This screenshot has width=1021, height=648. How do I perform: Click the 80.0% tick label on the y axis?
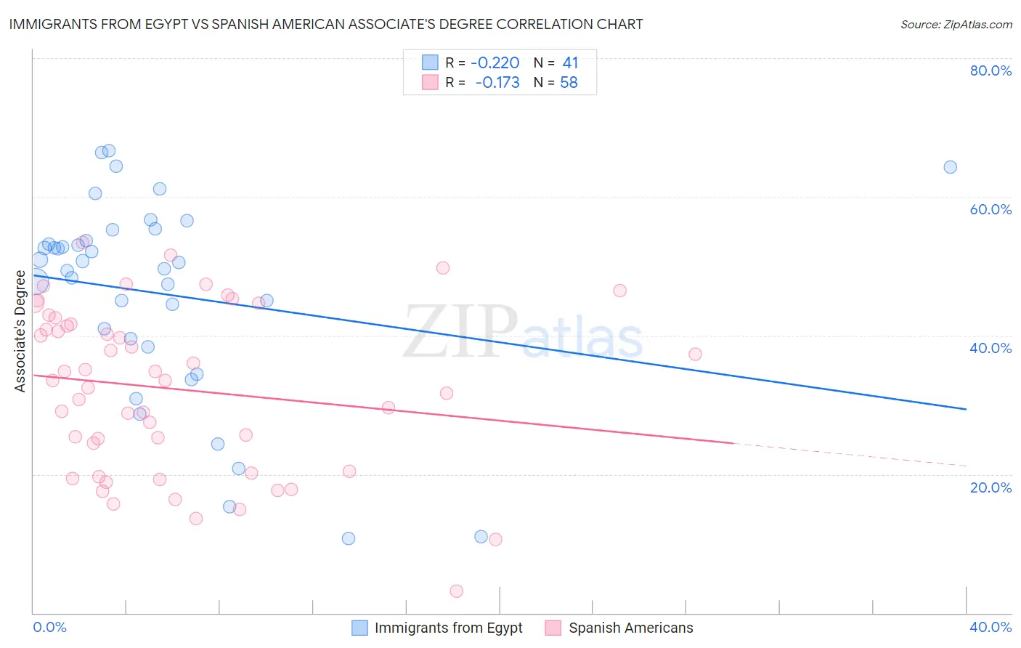point(991,70)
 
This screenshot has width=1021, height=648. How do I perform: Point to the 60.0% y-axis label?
point(991,209)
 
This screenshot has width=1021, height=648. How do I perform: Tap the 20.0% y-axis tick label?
point(991,487)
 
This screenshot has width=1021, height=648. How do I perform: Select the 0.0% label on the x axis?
point(49,627)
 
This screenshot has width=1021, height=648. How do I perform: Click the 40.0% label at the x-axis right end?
point(991,627)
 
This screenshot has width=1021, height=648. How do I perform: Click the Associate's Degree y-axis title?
point(20,331)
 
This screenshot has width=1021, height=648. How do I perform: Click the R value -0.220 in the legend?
point(495,63)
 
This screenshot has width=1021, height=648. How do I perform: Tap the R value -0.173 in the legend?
point(497,82)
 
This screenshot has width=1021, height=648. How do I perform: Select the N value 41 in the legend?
point(570,63)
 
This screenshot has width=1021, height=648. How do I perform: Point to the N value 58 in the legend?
point(569,82)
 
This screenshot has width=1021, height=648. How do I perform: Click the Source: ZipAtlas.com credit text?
point(956,24)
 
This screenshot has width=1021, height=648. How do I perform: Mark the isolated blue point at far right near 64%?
point(950,167)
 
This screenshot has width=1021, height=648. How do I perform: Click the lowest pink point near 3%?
point(457,591)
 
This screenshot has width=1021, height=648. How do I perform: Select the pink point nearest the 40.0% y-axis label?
point(695,355)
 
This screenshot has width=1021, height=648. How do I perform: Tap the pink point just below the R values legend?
point(443,268)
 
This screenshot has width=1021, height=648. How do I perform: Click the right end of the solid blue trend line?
point(966,409)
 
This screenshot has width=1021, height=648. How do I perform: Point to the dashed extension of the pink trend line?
point(850,454)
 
